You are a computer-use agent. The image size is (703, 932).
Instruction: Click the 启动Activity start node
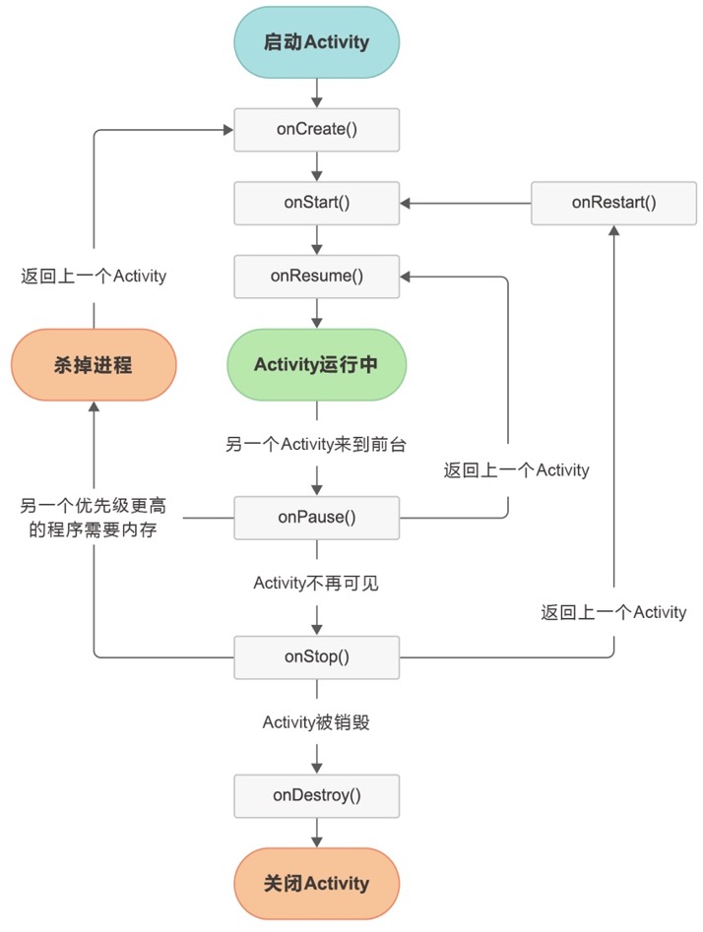(316, 42)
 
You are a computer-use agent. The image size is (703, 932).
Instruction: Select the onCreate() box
(316, 130)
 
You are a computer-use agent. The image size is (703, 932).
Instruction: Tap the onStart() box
(316, 203)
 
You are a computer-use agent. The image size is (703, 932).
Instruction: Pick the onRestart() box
(613, 203)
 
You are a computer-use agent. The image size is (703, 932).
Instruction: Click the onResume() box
(316, 276)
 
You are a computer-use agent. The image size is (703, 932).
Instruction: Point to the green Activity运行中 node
(316, 364)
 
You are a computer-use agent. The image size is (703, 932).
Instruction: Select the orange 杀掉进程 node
(94, 365)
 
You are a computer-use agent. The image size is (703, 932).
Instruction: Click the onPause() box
(316, 518)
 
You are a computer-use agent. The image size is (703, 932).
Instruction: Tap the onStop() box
(316, 657)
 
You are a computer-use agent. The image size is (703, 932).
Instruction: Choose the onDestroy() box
(316, 795)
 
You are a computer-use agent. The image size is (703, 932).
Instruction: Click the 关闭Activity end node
(316, 883)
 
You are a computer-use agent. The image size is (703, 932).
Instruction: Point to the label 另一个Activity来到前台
(316, 445)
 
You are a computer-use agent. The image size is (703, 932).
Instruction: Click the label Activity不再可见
(316, 584)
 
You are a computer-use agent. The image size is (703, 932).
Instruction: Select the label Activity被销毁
(316, 722)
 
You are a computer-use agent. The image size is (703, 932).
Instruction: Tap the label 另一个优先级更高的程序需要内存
(94, 518)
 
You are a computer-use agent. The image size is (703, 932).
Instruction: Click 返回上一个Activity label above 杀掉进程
(94, 277)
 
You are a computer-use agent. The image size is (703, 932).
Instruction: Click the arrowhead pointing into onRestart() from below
(613, 230)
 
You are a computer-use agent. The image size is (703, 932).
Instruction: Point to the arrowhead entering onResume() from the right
(407, 277)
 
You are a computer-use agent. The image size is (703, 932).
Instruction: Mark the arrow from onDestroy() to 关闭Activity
(316, 833)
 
